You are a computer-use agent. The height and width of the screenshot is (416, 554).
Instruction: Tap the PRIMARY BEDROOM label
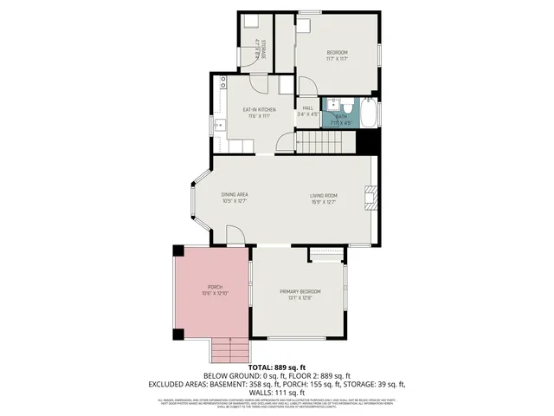(300, 291)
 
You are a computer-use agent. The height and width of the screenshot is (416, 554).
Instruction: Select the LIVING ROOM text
(325, 196)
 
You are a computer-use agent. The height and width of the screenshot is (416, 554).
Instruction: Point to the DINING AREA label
(235, 194)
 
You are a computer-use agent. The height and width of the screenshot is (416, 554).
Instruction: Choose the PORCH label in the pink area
(215, 287)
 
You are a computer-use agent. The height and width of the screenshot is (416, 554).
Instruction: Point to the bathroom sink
(332, 105)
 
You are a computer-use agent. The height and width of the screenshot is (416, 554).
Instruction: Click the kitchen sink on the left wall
(220, 127)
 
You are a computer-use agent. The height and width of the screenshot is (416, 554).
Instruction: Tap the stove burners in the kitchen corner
(222, 83)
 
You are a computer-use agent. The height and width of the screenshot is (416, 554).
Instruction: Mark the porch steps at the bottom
(229, 350)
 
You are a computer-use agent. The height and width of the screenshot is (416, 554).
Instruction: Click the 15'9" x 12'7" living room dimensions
(325, 203)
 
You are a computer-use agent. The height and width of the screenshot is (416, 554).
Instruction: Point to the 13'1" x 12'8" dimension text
(300, 298)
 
